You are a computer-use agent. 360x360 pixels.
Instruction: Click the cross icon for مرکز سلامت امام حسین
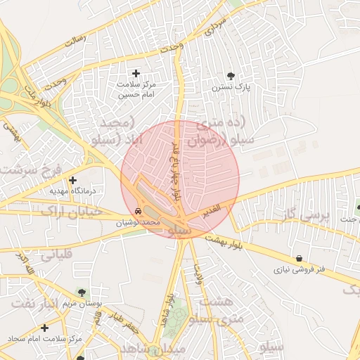point(136,73)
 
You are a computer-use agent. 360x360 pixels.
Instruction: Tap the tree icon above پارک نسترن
point(231,76)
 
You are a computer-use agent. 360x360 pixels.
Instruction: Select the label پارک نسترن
point(232,87)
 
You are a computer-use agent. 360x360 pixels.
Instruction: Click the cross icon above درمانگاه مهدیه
point(72,180)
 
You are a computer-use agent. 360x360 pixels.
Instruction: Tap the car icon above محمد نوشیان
point(139,211)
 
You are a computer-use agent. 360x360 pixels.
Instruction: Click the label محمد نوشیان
point(142,221)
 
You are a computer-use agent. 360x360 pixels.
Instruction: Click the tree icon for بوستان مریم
point(83,292)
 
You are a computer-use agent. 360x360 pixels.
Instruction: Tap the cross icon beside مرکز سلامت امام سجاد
point(45,328)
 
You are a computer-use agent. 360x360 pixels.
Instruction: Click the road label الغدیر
point(210,209)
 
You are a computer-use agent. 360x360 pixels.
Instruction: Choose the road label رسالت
point(75,40)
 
